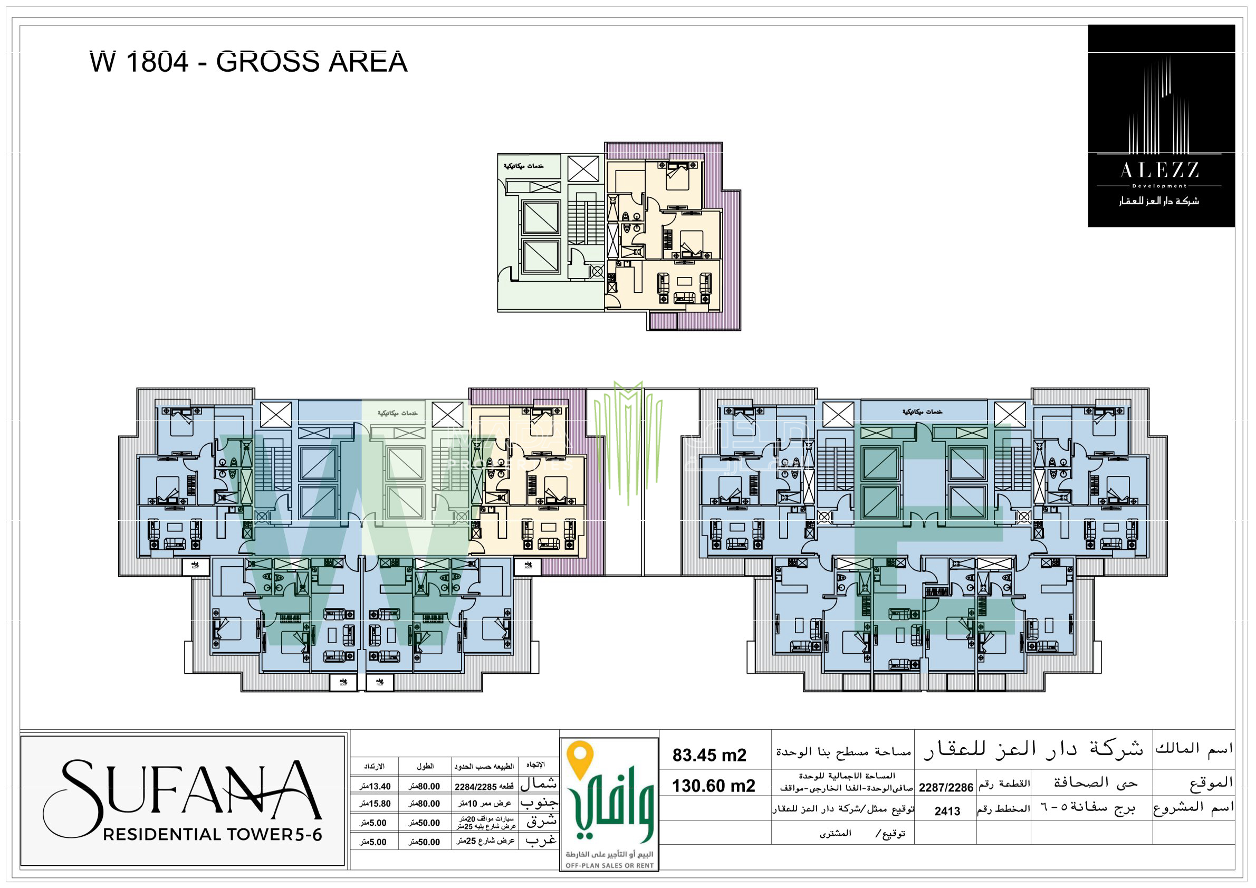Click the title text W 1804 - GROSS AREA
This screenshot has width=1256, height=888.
click(248, 62)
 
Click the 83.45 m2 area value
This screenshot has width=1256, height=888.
click(710, 756)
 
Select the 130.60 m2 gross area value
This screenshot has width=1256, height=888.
click(713, 786)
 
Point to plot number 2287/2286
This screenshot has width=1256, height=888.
click(946, 788)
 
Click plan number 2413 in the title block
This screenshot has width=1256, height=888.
click(947, 811)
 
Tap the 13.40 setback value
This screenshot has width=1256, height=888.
click(375, 787)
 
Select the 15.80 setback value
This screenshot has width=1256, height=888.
click(375, 804)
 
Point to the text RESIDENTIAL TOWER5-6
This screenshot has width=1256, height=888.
click(212, 835)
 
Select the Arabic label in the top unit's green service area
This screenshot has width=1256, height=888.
click(523, 166)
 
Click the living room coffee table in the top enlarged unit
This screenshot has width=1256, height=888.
click(684, 281)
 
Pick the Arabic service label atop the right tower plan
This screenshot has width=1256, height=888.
click(922, 412)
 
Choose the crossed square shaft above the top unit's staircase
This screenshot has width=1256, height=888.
click(583, 169)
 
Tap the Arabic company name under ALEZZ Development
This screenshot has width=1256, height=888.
click(1159, 202)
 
